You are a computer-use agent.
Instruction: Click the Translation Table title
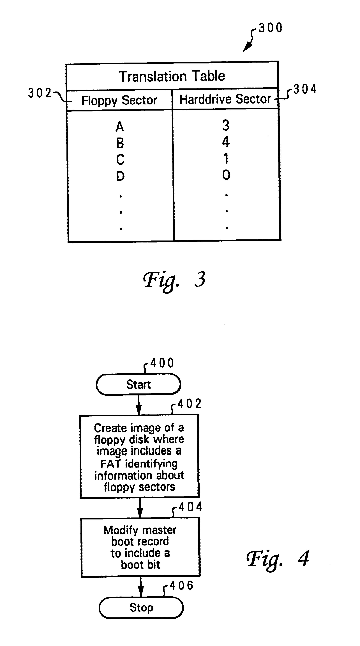click(x=172, y=76)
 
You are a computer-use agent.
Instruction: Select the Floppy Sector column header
click(x=119, y=100)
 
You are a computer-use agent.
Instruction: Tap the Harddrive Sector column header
click(x=225, y=99)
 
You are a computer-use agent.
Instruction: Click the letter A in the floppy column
click(x=120, y=127)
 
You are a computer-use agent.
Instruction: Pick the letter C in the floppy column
click(x=120, y=159)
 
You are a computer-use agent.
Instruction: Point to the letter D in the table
click(x=120, y=176)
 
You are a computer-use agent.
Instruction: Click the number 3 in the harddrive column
click(x=226, y=125)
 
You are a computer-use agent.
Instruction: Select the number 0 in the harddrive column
click(x=226, y=175)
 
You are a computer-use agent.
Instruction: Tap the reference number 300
click(x=270, y=28)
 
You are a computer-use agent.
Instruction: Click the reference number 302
click(x=40, y=93)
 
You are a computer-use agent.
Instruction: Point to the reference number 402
click(x=189, y=404)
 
